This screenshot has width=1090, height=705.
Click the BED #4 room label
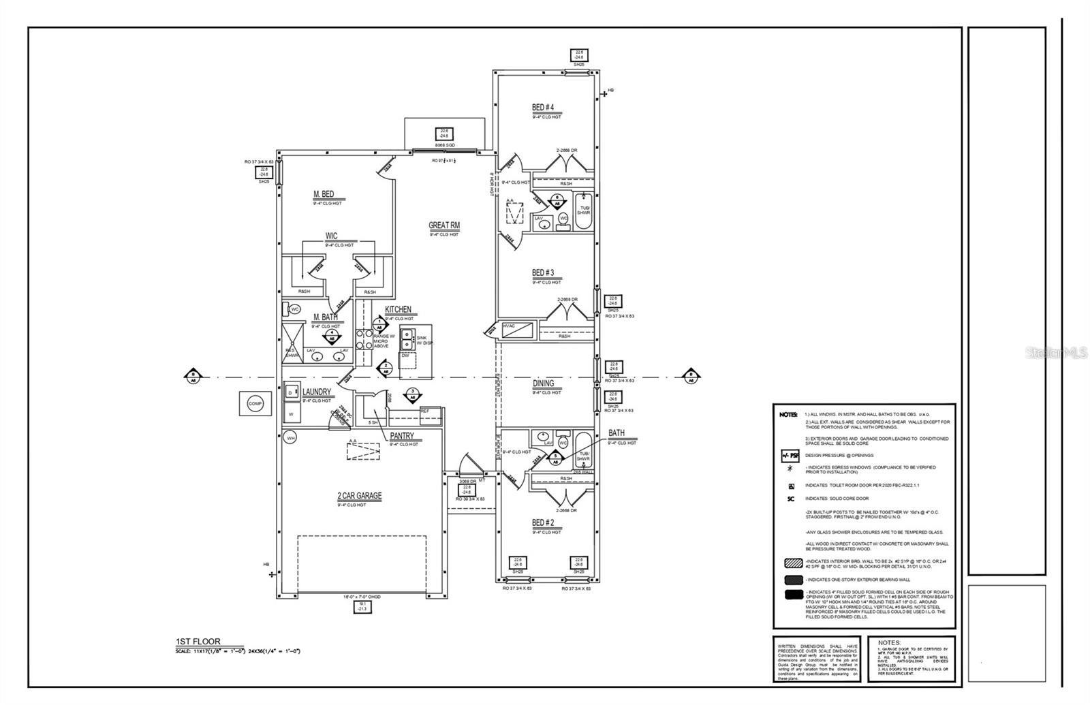coord(542,108)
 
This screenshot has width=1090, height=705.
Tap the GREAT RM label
coord(444,225)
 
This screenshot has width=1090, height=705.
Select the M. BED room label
coord(323,195)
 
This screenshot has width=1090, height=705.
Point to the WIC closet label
coord(331,236)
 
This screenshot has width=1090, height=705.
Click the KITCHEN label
coord(398,310)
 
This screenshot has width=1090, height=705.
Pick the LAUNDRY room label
coord(316,392)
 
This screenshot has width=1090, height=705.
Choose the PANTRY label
coord(401,437)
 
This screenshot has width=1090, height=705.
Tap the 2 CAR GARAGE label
coord(359,497)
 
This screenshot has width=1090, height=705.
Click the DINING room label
coord(543,383)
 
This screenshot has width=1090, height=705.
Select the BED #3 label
coord(542,273)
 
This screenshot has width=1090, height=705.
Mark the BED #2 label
coord(542,523)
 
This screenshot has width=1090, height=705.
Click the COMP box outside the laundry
coord(255,404)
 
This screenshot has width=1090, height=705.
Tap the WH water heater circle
coord(291,437)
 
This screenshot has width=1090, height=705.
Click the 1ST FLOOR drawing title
coord(198,642)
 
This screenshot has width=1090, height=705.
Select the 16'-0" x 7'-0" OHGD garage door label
coord(362,597)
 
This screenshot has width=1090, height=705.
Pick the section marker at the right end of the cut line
coord(691,377)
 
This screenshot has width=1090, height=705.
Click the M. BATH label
coord(325,317)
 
